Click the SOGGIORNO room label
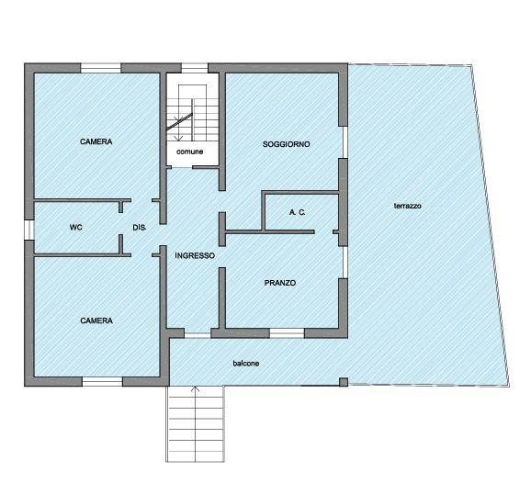pos(286,144)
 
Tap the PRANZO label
pos(280,283)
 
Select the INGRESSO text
pos(195,255)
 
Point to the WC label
pos(76,227)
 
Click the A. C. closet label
pos(298,212)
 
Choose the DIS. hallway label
pos(140,228)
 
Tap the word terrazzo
pos(408,206)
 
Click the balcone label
pos(246,364)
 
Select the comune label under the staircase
pos(189,152)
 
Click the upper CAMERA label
pos(96,141)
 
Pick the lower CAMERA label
pos(96,320)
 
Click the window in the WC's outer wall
pos(29,230)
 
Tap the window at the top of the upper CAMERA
pos(100,68)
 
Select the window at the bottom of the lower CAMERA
pos(102,381)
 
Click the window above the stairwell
pos(195,68)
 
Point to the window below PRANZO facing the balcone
pos(287,333)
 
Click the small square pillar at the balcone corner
pos(344,382)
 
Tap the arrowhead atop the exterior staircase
pos(196,389)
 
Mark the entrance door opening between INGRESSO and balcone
pos(198,335)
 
